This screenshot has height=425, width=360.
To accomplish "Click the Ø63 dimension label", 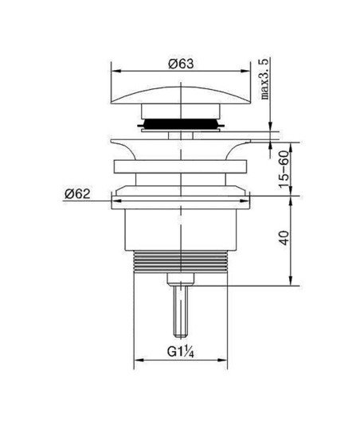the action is point(181,64).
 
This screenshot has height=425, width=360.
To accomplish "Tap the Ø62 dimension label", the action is point(77,194).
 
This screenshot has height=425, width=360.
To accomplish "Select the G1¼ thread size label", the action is point(181,352).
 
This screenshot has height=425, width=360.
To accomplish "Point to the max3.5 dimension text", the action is point(265,79).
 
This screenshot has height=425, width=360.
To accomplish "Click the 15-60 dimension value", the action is point(284,170).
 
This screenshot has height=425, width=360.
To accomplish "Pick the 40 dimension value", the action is point(284,238).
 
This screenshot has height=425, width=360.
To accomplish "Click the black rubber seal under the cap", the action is point(181,124).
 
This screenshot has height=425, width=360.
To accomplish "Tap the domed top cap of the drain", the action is point(181,95).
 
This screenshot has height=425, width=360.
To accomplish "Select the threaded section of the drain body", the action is point(181,261).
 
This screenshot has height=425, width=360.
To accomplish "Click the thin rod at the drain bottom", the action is point(181,311).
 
